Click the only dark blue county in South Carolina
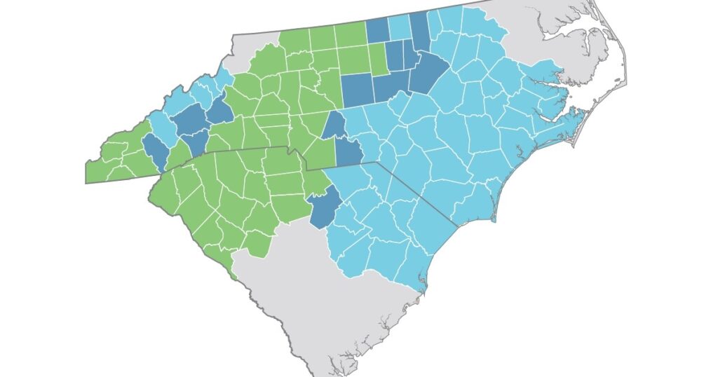(323, 209)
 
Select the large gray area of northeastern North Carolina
(540, 35)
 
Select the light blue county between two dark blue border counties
(399, 27)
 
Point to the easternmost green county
(377, 59)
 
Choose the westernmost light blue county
(162, 126)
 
